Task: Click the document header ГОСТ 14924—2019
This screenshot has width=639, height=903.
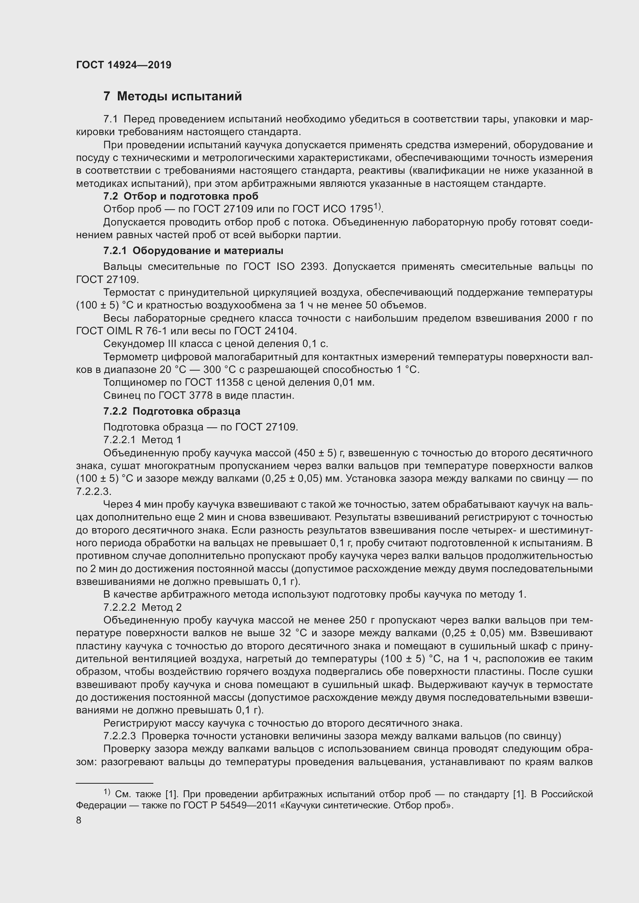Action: coord(124,65)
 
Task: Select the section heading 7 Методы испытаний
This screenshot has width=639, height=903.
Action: coord(172,97)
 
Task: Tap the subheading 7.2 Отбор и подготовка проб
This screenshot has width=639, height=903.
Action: coord(180,196)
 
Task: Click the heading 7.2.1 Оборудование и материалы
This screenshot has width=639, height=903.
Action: coord(193,251)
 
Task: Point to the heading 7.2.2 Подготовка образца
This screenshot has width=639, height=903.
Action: coord(172,411)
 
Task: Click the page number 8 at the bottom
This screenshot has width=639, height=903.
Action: coord(79,820)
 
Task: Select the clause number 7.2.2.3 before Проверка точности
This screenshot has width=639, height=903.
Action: coord(119,736)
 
